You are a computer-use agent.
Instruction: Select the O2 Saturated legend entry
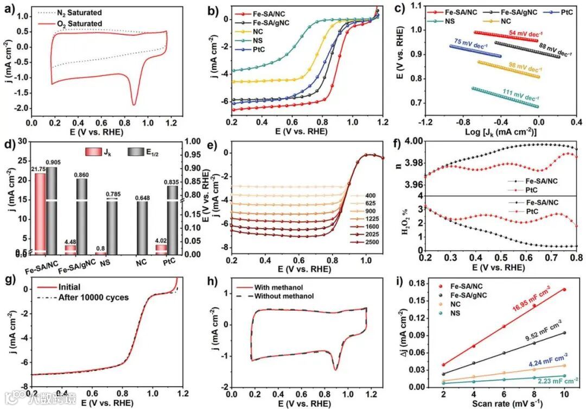pos(79,23)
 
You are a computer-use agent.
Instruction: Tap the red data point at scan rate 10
pos(564,290)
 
